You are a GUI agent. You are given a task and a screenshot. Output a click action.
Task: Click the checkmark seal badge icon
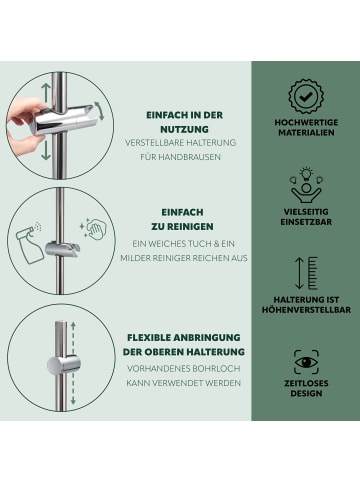pyautogui.click(x=306, y=97)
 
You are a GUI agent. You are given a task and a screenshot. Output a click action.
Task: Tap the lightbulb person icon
pyautogui.click(x=306, y=185)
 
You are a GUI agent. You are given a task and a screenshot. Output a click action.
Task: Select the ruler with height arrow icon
pyautogui.click(x=306, y=273)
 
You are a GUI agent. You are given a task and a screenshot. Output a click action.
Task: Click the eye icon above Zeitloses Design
pyautogui.click(x=306, y=362)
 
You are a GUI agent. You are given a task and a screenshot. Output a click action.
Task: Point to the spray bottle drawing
pyautogui.click(x=29, y=244)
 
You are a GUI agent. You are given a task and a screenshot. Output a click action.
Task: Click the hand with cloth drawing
pyautogui.click(x=94, y=229)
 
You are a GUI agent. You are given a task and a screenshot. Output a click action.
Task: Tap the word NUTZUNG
pyautogui.click(x=184, y=129)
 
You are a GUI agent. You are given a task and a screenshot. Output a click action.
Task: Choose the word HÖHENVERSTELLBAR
pyautogui.click(x=306, y=310)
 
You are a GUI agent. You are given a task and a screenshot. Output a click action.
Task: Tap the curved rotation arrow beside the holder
pyautogui.click(x=100, y=111)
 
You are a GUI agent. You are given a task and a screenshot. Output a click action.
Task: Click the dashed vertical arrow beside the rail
pyautogui.click(x=73, y=363)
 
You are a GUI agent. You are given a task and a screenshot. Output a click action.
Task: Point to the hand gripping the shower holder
pyautogui.click(x=24, y=123)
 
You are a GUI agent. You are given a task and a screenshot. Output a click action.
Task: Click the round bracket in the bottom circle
pyautogui.click(x=63, y=365)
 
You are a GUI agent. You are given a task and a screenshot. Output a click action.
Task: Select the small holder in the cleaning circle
pyautogui.click(x=62, y=249)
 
